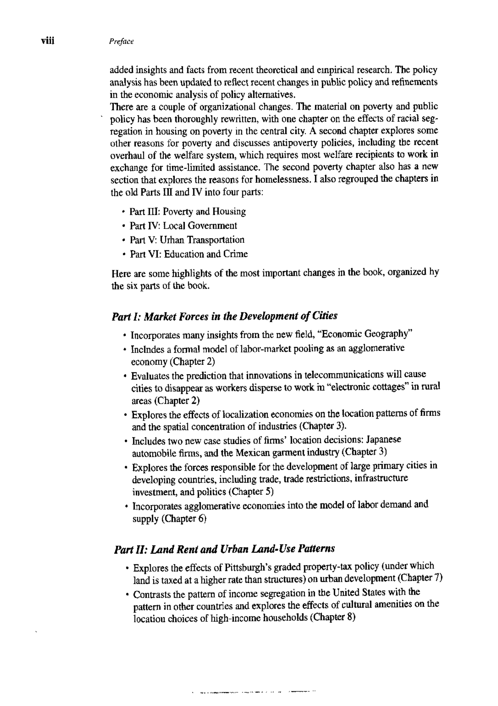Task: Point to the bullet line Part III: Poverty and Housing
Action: [188, 211]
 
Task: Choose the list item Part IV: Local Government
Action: [183, 226]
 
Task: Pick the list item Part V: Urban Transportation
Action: [187, 240]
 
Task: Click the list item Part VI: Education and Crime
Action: [189, 254]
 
